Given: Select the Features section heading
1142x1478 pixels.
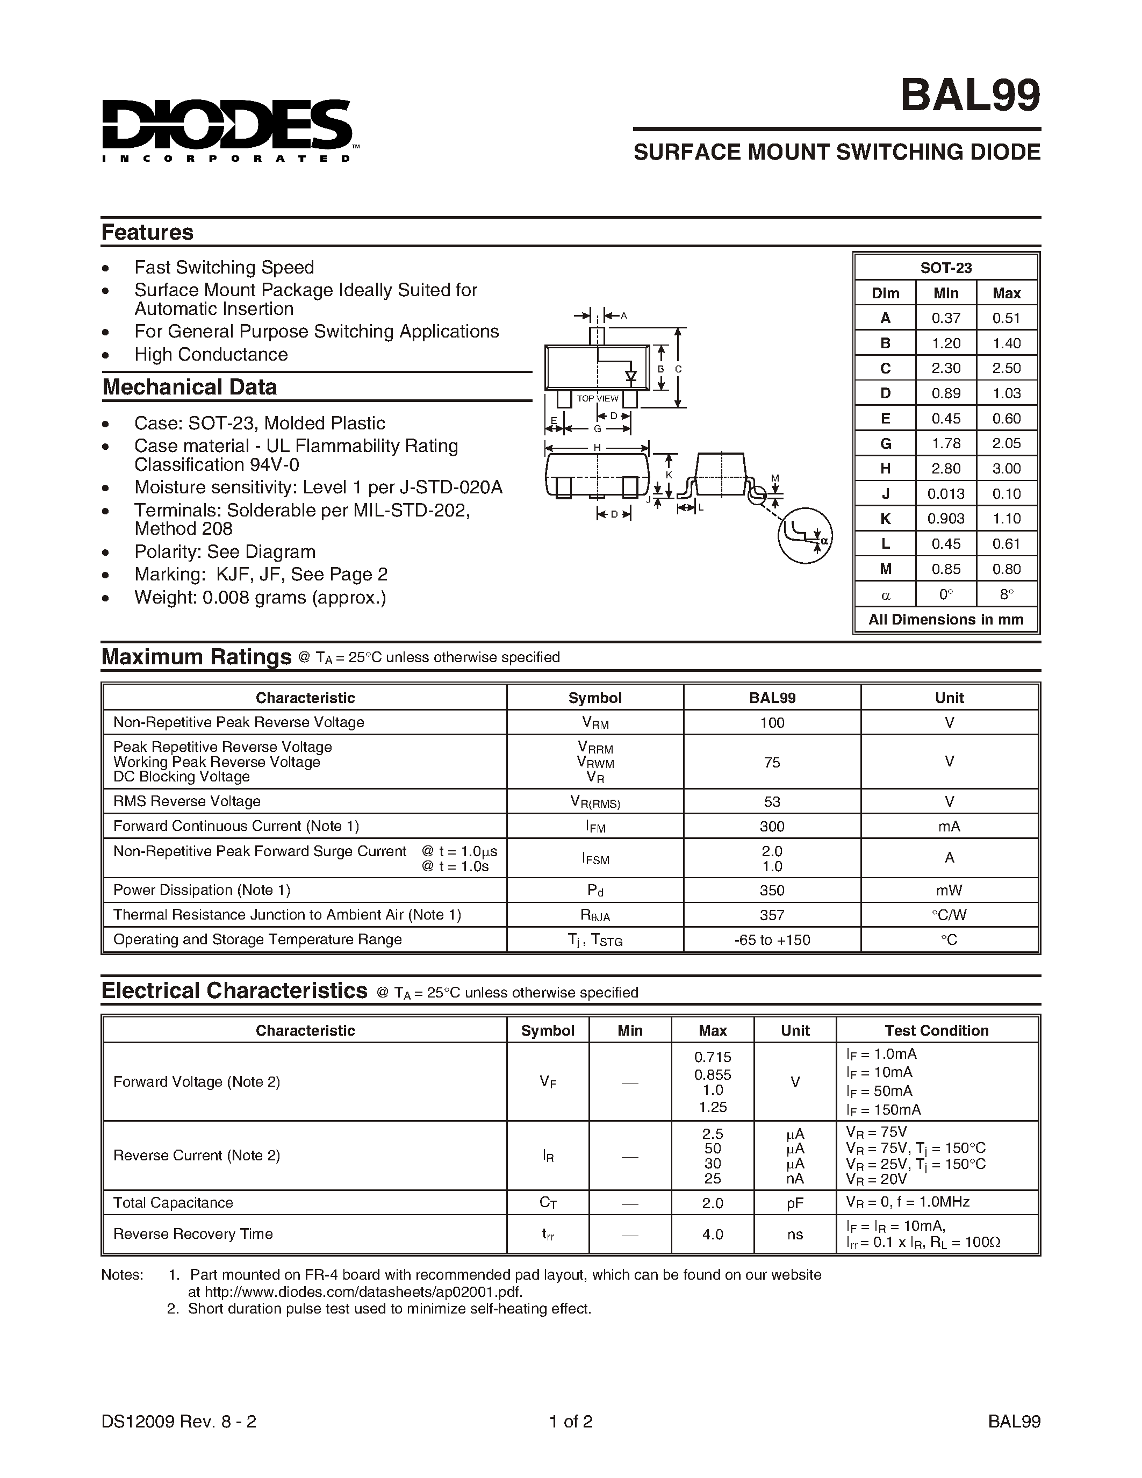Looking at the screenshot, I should [x=147, y=232].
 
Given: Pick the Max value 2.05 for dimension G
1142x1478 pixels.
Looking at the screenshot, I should [x=1006, y=443].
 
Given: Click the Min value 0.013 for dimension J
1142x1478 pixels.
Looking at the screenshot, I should [x=945, y=493].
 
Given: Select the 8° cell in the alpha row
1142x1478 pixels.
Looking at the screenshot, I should [x=1006, y=594].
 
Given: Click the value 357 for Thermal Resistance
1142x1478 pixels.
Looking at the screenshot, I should [x=771, y=915].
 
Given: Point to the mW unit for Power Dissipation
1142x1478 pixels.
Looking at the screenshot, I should [x=949, y=890].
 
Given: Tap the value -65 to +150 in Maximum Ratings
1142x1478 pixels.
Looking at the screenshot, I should [x=771, y=940].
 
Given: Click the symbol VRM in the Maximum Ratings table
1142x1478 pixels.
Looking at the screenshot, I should [x=595, y=723].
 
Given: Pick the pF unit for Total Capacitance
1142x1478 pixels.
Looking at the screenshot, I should [x=795, y=1203].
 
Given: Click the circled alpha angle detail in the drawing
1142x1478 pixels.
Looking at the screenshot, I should [x=805, y=535].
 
